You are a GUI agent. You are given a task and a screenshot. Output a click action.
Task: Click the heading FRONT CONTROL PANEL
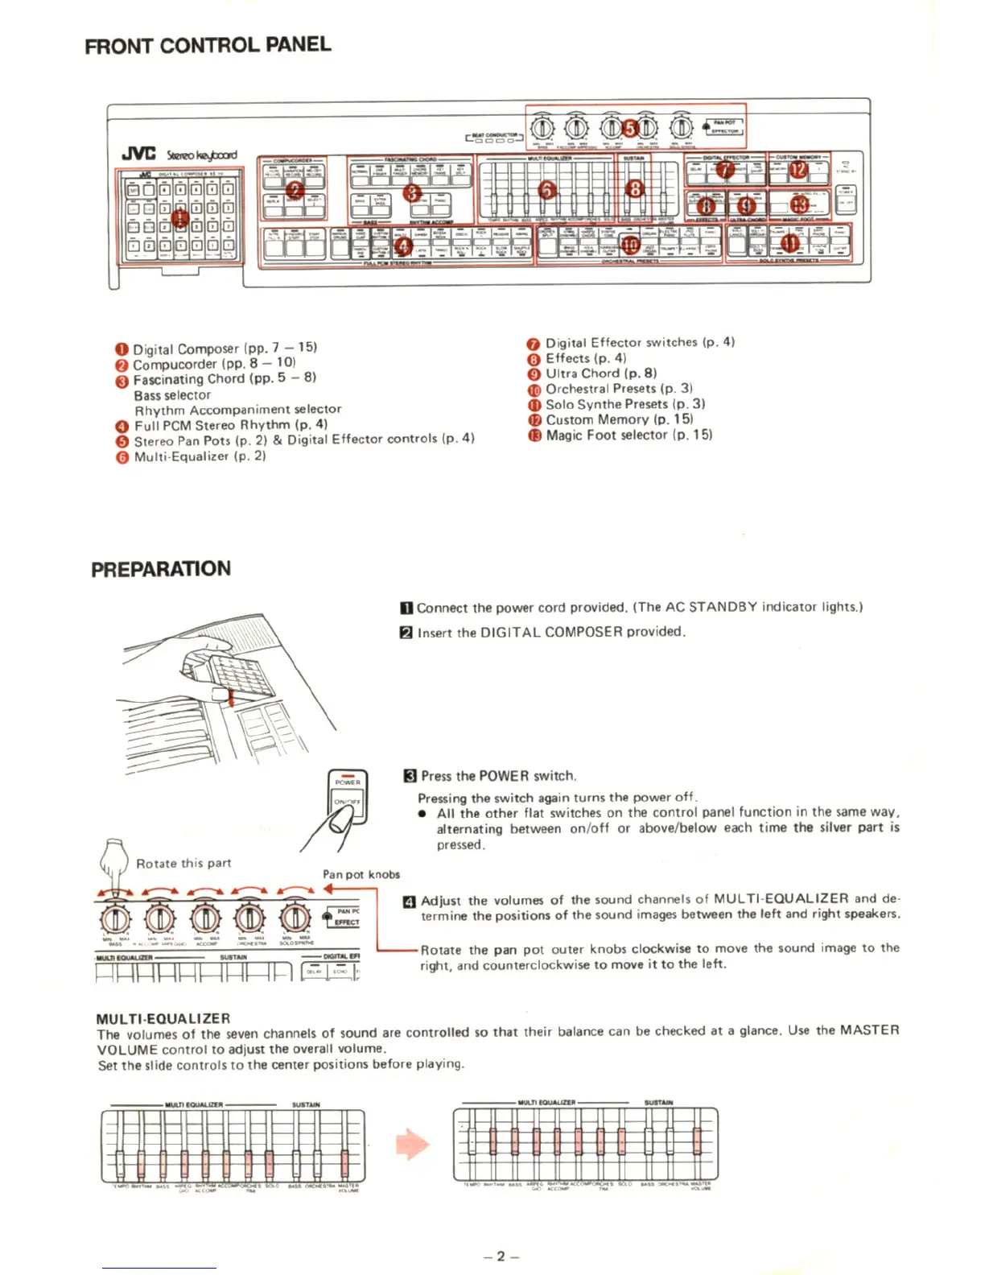point(208,45)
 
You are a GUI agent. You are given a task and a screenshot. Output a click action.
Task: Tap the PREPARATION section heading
point(161,569)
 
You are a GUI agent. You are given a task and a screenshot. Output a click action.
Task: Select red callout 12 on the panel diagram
point(797,170)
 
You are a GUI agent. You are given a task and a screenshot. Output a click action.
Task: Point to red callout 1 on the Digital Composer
point(179,217)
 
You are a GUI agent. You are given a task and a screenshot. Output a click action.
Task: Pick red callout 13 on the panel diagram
point(799,204)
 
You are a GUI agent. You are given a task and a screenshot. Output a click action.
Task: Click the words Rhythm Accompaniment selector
point(238,410)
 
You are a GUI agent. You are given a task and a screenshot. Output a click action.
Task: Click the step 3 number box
point(409,776)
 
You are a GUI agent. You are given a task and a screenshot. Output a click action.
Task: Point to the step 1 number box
point(407,608)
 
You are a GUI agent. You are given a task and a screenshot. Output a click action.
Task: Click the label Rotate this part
point(183,863)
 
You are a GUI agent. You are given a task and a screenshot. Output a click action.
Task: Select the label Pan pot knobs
point(361,874)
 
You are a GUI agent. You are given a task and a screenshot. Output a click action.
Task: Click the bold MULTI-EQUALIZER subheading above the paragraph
point(163,1018)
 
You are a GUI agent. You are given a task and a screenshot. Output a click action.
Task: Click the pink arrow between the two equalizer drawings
point(413,1144)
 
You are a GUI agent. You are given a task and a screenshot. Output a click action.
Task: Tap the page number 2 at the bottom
point(501,1256)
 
